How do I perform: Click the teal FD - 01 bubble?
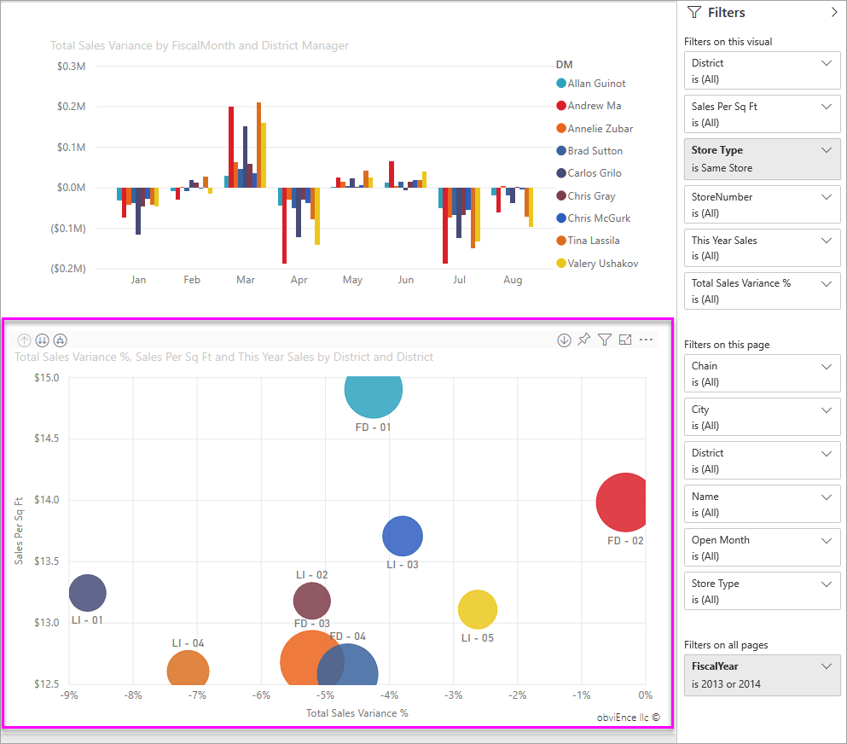click(374, 390)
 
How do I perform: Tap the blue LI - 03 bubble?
click(403, 537)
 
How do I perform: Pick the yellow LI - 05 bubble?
click(478, 609)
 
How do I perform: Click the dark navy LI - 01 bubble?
click(87, 592)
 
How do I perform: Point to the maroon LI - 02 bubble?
click(311, 601)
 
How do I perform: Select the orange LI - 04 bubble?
click(188, 671)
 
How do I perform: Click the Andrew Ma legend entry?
click(595, 106)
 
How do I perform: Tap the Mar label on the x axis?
click(246, 280)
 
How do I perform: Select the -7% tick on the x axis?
click(197, 695)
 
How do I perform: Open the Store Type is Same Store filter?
click(762, 159)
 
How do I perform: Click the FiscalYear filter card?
click(762, 675)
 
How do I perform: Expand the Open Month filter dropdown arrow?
click(826, 540)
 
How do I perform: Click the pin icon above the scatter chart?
click(583, 340)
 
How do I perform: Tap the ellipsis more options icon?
click(646, 340)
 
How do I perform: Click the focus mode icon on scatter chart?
click(625, 340)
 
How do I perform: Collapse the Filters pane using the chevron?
click(833, 13)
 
